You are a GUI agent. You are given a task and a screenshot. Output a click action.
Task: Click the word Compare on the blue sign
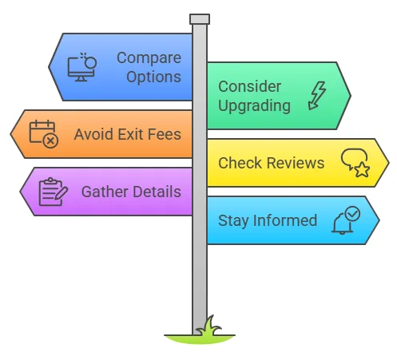pyautogui.click(x=149, y=58)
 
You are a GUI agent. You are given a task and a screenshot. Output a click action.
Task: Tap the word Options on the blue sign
pyautogui.click(x=153, y=77)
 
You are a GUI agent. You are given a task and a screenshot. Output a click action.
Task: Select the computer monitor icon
pyautogui.click(x=81, y=67)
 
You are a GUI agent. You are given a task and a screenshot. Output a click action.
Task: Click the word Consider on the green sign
pyautogui.click(x=249, y=86)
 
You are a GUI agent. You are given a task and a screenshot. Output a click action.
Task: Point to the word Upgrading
pyautogui.click(x=254, y=106)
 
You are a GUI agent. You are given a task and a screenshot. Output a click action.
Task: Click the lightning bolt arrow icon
pyautogui.click(x=317, y=96)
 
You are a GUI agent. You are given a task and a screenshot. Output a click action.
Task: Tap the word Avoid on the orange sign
pyautogui.click(x=94, y=134)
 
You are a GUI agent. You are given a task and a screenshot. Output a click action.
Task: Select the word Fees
pyautogui.click(x=165, y=134)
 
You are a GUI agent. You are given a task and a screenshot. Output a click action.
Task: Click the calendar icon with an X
pyautogui.click(x=44, y=134)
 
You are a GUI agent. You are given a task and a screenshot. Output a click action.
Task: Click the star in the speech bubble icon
pyautogui.click(x=362, y=169)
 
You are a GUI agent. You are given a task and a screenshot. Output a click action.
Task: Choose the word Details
pyautogui.click(x=157, y=192)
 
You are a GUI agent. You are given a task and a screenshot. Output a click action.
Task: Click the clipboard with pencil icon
pyautogui.click(x=54, y=192)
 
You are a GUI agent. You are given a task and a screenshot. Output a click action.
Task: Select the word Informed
pyautogui.click(x=285, y=220)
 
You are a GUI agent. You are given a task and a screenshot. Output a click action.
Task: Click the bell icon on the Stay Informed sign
pyautogui.click(x=342, y=224)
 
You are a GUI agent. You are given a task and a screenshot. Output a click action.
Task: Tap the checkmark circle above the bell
pyautogui.click(x=352, y=213)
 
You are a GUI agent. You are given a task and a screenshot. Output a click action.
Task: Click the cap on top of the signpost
pyautogui.click(x=200, y=19)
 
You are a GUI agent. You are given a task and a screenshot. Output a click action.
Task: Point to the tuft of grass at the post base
pyautogui.click(x=209, y=326)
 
